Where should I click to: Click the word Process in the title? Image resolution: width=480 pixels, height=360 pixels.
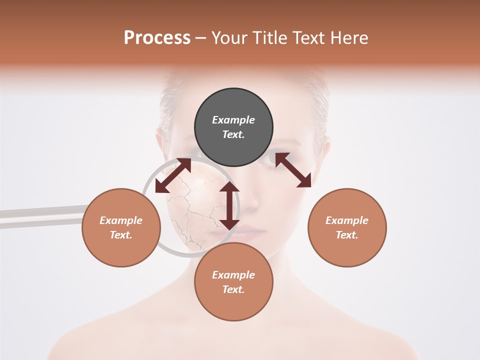[157, 37]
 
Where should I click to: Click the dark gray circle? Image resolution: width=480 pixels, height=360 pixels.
[233, 127]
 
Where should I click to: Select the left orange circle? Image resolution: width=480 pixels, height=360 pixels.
[121, 227]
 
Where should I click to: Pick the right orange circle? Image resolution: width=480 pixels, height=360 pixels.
[347, 227]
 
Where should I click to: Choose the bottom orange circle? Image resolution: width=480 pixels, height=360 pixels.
[233, 281]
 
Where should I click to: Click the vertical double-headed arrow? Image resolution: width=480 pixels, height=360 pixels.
[229, 205]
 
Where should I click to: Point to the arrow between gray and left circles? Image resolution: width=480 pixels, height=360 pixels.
[173, 175]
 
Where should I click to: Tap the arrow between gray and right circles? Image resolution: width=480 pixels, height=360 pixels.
[293, 170]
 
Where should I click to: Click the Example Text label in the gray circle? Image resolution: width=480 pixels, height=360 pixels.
[233, 127]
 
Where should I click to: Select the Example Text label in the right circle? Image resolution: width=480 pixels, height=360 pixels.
[347, 227]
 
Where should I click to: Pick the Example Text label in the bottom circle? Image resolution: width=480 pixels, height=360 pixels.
[233, 282]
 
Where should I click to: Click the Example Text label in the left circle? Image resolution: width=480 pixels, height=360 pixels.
[121, 227]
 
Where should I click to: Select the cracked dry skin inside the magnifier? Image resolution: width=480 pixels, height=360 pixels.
[192, 210]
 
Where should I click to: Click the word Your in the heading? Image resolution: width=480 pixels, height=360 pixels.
[230, 37]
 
